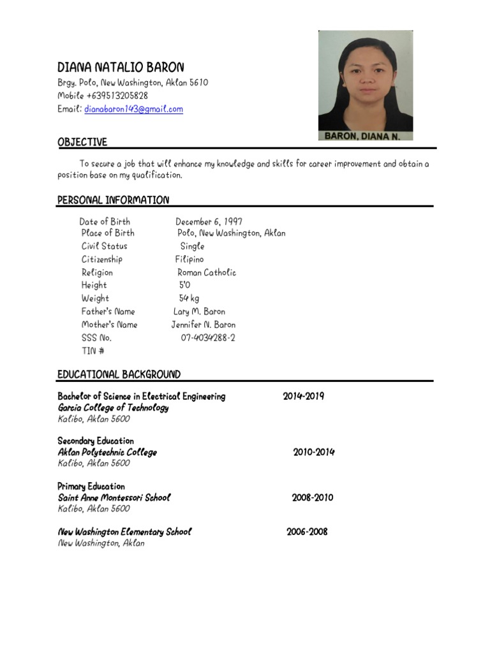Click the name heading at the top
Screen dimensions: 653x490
pos(121,67)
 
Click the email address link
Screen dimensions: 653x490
pos(133,109)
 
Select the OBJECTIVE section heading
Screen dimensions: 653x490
pos(82,142)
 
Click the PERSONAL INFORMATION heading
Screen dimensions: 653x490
pos(113,200)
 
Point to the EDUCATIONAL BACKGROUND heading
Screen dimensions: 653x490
pos(119,374)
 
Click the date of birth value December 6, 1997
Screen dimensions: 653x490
pos(209,222)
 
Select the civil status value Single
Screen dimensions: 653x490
pos(192,246)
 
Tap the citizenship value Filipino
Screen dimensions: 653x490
pos(189,260)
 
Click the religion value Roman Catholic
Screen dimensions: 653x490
pos(206,272)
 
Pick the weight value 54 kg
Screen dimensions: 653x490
pos(189,298)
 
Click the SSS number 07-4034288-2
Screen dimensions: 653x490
pos(207,338)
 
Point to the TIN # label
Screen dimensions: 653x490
pos(93,351)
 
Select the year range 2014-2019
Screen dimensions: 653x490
pos(303,396)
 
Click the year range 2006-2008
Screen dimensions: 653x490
pos(307,531)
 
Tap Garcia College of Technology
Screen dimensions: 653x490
pos(113,408)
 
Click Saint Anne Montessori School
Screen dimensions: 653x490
pos(114,497)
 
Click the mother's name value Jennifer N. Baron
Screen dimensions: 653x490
pos(203,325)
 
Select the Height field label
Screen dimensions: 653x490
pos(94,285)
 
